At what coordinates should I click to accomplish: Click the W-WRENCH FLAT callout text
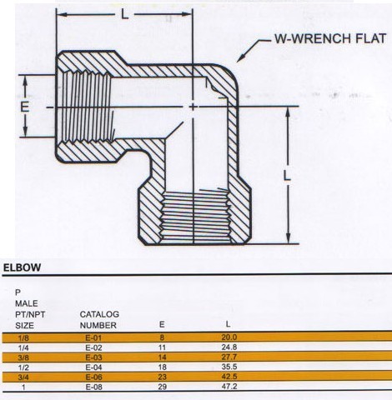330,38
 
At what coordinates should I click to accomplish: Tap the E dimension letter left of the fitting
24,107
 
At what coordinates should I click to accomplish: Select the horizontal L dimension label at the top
125,14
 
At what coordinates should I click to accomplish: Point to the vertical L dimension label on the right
287,176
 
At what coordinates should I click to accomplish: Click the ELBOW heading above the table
22,267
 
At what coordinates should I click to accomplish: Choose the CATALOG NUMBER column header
99,320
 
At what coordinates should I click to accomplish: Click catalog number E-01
93,337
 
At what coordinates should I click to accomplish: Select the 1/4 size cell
23,347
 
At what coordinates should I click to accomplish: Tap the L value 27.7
229,357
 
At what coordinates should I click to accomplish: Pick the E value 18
162,367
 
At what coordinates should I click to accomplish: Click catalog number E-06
93,377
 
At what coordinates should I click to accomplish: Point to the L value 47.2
229,386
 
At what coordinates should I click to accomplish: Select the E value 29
162,387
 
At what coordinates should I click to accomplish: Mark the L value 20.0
229,337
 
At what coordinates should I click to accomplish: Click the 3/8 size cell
23,357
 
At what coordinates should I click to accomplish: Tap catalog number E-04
93,367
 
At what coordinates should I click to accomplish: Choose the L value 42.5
229,377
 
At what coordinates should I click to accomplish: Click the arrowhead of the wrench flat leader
239,58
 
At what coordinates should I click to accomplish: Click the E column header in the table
162,324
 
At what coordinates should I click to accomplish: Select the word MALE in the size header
27,303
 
